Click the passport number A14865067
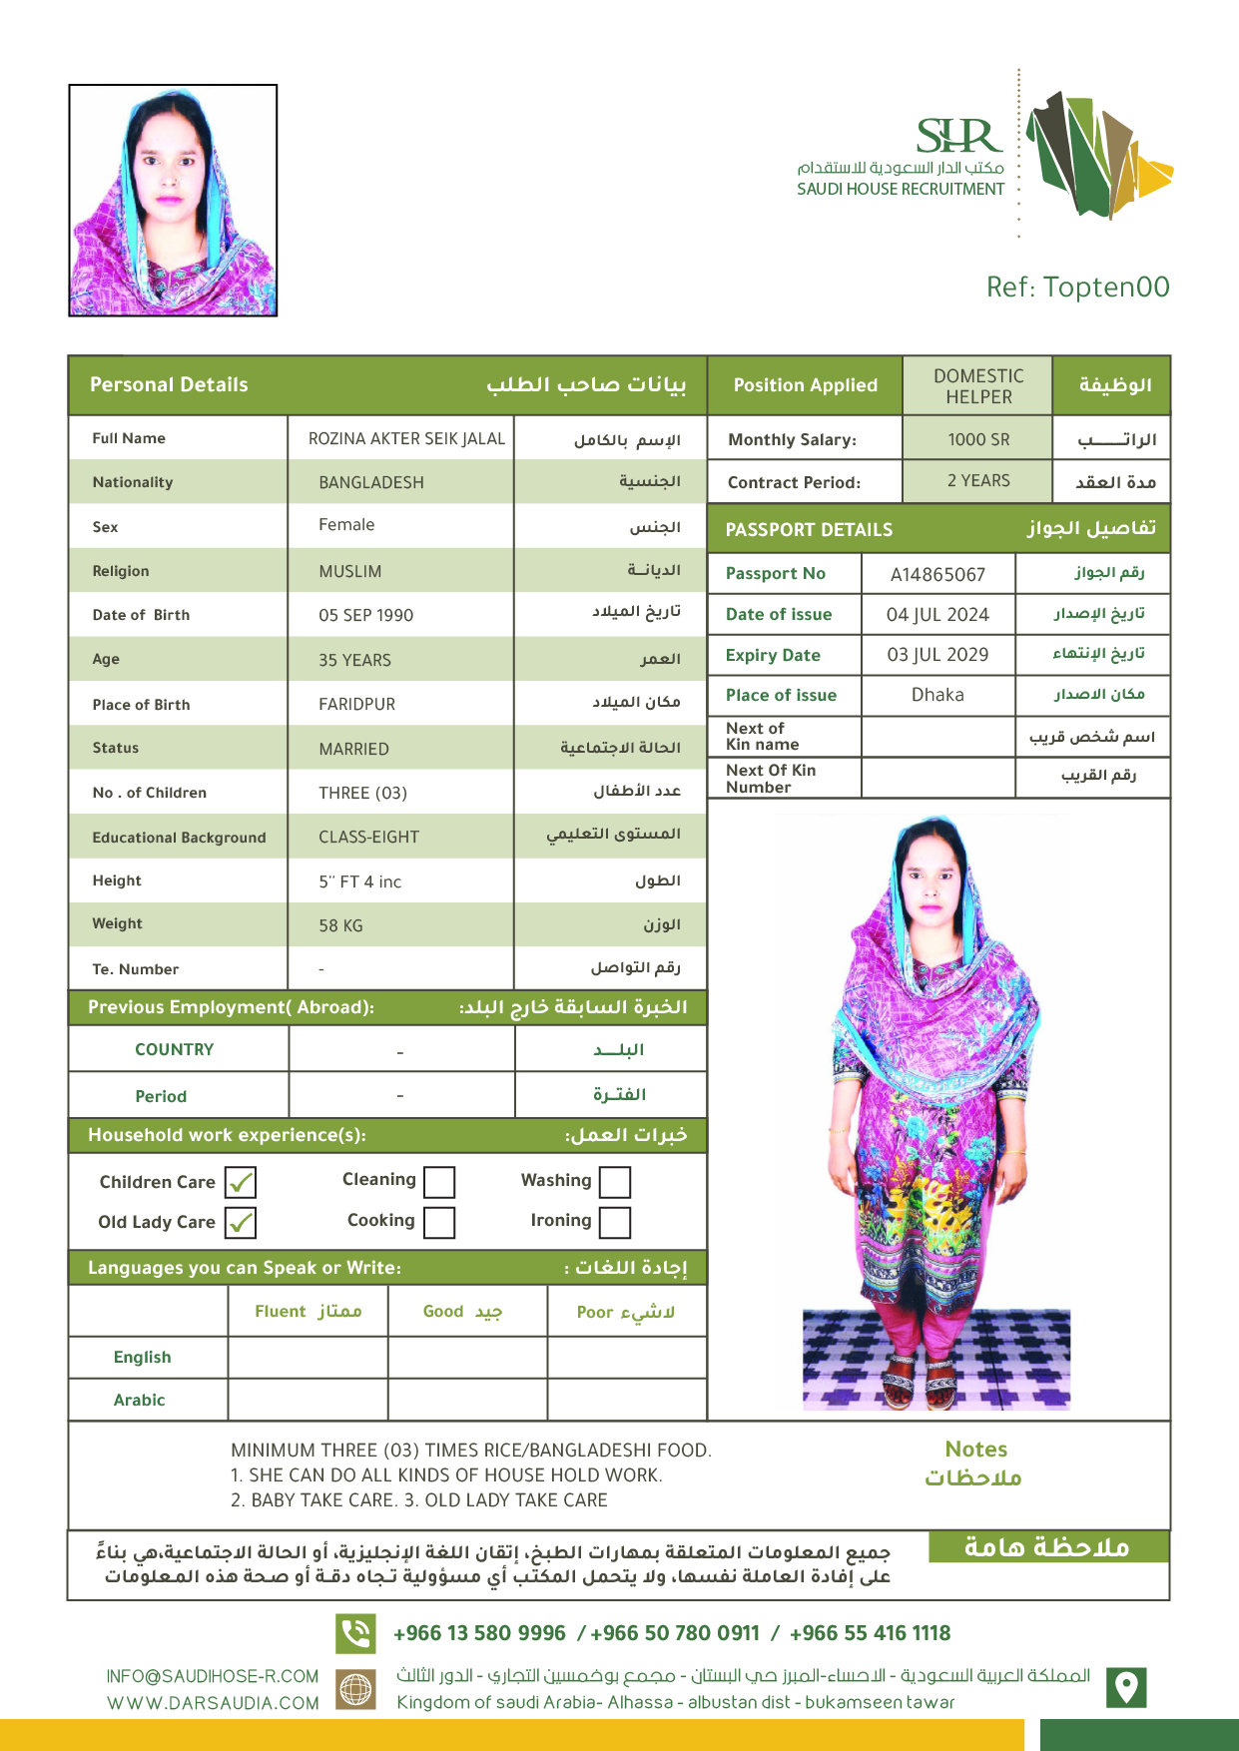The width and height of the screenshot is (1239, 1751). pos(937,574)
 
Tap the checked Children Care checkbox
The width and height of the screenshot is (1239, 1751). pos(241,1182)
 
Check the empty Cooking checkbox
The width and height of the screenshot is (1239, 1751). pos(439,1222)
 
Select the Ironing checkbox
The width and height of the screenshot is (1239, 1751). pos(615,1222)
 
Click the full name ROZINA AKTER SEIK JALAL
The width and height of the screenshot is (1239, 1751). pos(406,439)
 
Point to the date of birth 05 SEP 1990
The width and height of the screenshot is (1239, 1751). pos(365,616)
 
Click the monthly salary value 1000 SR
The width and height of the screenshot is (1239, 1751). pos(978,439)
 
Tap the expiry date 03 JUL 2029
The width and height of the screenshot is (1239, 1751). pos(937,655)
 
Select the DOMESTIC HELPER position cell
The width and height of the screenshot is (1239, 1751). pos(978,386)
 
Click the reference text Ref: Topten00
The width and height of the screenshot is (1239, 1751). pos(1077,288)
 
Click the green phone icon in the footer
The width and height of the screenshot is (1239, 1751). pos(355,1633)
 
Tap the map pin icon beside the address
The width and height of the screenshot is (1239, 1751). pos(1126,1687)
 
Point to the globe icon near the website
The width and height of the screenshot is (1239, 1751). pos(356,1689)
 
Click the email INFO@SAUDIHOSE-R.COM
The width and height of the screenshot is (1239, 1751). pos(213,1676)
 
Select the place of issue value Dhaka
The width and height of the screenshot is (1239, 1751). pos(937,695)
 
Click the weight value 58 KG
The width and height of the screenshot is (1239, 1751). pos(340,926)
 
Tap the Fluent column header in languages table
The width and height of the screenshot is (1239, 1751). pos(308,1312)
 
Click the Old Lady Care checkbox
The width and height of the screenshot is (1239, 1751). pos(241,1222)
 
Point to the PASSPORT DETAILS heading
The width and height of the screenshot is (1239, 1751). pos(809,530)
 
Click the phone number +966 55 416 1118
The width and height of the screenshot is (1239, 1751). pos(870,1633)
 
